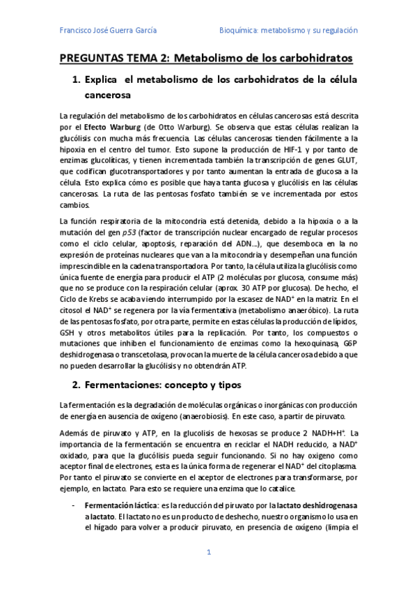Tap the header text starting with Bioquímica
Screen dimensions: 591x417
pos(288,31)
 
